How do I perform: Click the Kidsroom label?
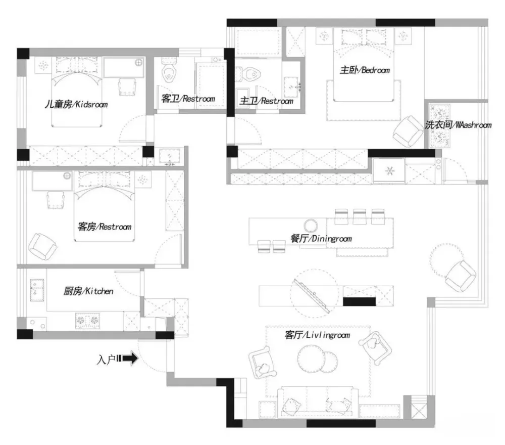[x=76, y=105]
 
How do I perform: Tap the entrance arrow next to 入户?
[x=130, y=359]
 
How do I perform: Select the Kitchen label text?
[x=88, y=291]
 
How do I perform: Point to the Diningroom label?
[x=321, y=238]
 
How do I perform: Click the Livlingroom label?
[x=317, y=335]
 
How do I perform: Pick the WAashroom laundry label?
[x=458, y=125]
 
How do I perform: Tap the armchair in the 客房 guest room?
[x=42, y=246]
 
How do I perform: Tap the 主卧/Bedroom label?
[x=365, y=70]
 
